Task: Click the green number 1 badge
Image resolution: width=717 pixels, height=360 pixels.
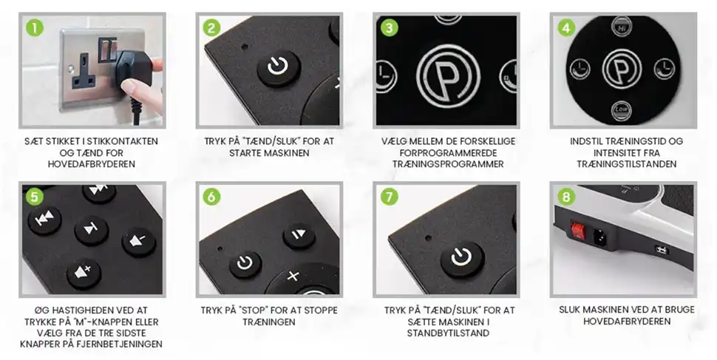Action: coord(35,27)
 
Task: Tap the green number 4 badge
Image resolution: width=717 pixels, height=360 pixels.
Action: coord(566,27)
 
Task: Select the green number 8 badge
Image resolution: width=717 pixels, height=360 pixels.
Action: coord(566,197)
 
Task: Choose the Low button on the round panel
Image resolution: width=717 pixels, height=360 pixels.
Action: coord(621,110)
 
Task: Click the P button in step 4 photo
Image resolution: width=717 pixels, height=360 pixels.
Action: coord(622,69)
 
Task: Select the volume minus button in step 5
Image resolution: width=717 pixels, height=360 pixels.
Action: coord(139,241)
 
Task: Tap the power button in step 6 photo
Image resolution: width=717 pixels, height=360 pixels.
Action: coord(245,264)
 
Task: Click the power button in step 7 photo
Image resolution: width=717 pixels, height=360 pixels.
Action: coord(462,259)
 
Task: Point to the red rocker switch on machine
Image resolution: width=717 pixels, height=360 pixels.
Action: coord(579,231)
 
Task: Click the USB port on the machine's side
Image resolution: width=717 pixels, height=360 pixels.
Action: coord(662,250)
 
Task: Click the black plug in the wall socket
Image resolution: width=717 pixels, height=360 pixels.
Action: coord(134,69)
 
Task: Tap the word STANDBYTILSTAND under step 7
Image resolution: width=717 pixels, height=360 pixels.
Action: coord(448,333)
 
